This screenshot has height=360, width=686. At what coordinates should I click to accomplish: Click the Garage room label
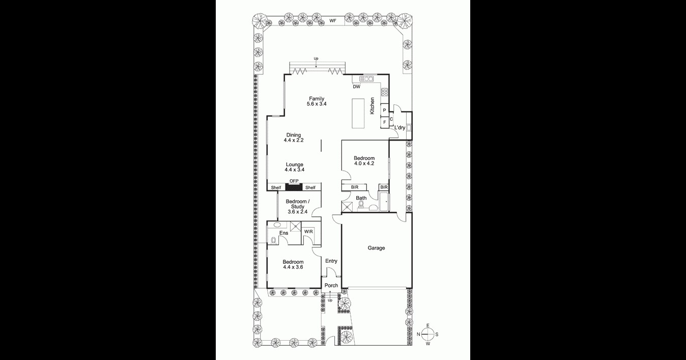376,248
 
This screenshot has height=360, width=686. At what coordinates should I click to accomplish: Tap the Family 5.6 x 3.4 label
316,101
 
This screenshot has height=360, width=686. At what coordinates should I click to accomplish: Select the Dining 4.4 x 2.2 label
294,137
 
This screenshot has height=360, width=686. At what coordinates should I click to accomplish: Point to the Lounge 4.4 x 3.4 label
294,167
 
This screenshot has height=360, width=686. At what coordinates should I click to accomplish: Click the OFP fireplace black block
294,187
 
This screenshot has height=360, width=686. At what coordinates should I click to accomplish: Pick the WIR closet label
308,232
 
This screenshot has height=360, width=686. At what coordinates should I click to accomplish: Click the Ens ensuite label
283,233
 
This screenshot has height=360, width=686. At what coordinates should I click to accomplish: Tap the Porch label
331,286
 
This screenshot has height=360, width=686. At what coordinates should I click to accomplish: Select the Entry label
331,261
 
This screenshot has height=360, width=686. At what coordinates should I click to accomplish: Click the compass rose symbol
428,335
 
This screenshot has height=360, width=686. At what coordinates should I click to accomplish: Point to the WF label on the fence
333,21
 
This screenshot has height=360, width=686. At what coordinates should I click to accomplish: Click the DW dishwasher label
357,87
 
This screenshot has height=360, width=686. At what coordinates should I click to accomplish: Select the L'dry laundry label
400,128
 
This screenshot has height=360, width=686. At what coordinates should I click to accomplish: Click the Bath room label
361,198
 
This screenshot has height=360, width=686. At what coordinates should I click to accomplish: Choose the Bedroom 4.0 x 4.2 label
364,161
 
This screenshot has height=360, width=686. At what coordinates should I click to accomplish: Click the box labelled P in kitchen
384,110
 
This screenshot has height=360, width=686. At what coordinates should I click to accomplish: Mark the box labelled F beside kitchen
384,122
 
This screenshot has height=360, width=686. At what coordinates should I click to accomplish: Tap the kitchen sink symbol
366,78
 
